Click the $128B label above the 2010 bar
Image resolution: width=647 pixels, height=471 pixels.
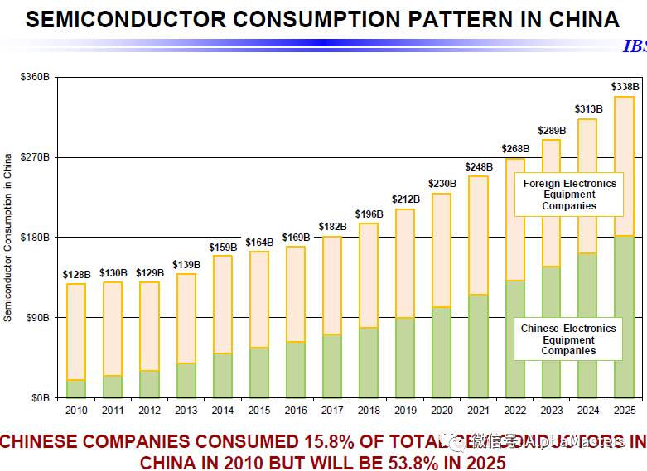(76, 274)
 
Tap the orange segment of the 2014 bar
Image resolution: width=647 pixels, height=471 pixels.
(223, 304)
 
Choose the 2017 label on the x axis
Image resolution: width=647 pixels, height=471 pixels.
(332, 410)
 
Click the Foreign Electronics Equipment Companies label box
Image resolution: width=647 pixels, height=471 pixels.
(568, 195)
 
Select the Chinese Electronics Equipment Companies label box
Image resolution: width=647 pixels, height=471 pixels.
(568, 339)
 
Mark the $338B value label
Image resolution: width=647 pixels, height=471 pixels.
(624, 87)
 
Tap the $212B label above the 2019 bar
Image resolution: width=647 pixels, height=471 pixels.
(405, 199)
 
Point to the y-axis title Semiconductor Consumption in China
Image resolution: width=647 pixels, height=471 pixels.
(7, 237)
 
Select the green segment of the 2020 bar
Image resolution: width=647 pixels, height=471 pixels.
(442, 352)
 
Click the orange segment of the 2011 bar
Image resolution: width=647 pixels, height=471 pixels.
(113, 329)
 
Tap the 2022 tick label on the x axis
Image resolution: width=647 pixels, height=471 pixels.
(514, 410)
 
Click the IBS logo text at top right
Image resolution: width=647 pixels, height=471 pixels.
(634, 46)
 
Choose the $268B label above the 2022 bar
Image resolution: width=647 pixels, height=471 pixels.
(514, 149)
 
